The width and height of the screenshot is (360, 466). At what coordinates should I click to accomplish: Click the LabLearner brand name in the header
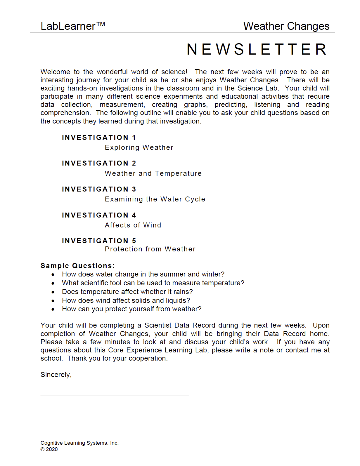[x=72, y=26]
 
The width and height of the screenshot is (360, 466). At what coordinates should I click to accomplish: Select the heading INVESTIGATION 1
[x=99, y=138]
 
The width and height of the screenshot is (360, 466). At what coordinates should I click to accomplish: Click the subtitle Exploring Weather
[x=139, y=147]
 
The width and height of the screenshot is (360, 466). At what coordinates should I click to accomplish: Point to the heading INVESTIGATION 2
[x=99, y=163]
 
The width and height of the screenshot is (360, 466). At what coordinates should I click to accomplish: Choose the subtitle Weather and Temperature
[x=153, y=173]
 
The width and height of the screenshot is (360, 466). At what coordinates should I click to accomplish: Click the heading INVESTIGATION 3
[x=99, y=189]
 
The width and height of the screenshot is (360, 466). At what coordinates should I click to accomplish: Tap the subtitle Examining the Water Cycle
[x=155, y=199]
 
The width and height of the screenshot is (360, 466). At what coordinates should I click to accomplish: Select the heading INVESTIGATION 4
[x=99, y=215]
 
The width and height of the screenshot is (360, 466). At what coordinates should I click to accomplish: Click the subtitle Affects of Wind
[x=133, y=225]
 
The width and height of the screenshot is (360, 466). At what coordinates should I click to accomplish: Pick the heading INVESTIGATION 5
[x=99, y=241]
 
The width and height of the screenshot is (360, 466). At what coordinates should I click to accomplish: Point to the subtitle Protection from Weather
[x=150, y=249]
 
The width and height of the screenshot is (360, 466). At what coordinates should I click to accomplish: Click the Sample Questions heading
[x=77, y=266]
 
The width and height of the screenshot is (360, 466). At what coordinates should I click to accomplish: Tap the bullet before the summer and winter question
[x=53, y=275]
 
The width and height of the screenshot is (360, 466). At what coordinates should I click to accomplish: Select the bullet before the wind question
[x=53, y=301]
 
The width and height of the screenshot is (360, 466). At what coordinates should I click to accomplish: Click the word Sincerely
[x=56, y=375]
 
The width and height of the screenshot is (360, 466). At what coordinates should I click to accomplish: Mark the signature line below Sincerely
[x=115, y=396]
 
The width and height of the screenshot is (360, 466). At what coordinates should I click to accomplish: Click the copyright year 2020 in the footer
[x=52, y=449]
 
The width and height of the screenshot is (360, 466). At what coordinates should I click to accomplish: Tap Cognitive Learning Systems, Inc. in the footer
[x=79, y=443]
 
